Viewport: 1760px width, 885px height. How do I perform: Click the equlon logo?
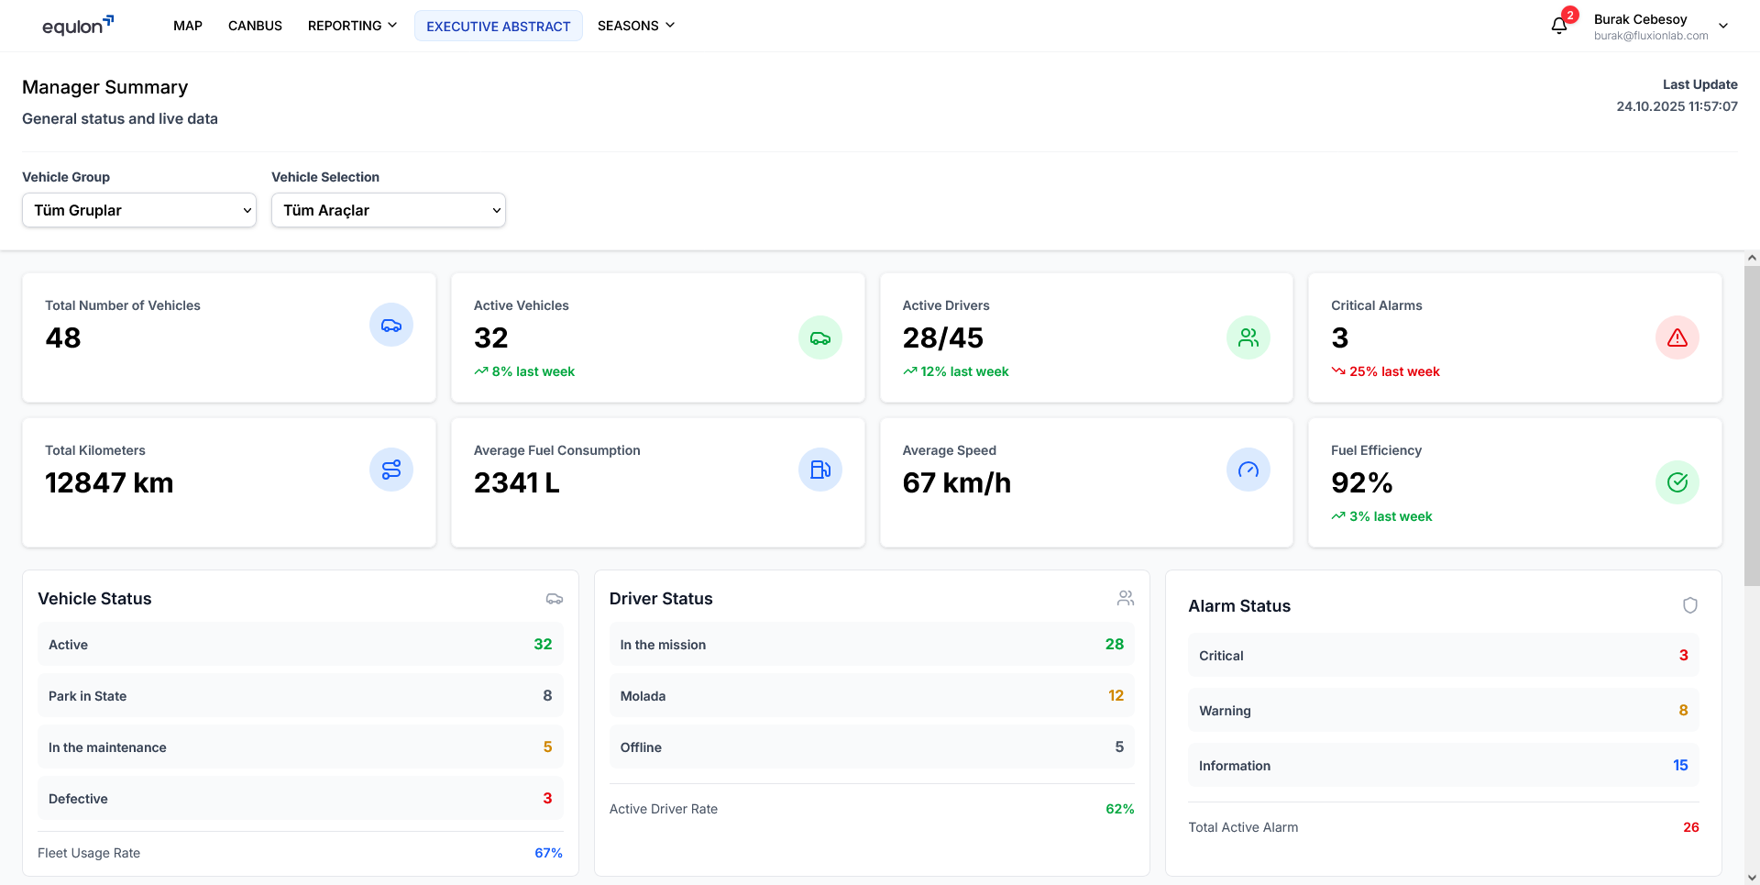pos(77,26)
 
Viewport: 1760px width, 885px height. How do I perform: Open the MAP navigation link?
pos(187,26)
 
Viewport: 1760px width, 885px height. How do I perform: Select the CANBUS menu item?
pos(255,26)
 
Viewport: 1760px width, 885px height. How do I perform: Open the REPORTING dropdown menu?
pos(352,26)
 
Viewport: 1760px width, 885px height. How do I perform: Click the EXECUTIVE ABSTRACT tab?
pos(498,27)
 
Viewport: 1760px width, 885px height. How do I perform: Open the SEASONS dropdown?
pos(635,26)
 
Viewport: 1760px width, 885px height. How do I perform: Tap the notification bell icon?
pos(1559,26)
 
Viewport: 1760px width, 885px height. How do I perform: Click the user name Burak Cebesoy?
pos(1640,19)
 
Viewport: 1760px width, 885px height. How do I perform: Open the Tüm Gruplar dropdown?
pos(139,210)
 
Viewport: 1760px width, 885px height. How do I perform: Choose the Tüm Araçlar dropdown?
pos(389,210)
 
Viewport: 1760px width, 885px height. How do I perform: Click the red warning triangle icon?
pos(1677,337)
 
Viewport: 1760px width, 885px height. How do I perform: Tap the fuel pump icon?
pos(820,470)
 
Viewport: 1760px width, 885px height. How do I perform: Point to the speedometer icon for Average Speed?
pos(1248,470)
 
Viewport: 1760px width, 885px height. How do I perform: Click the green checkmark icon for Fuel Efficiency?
pos(1677,482)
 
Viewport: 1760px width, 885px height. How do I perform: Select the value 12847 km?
pos(109,482)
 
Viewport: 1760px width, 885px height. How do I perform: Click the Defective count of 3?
pos(547,798)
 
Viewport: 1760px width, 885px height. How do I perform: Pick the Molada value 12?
pos(1116,695)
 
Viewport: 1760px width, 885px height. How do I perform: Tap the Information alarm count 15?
pos(1680,765)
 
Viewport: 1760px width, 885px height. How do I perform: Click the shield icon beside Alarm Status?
pos(1690,605)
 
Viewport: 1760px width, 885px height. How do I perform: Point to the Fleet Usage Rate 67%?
pos(548,853)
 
